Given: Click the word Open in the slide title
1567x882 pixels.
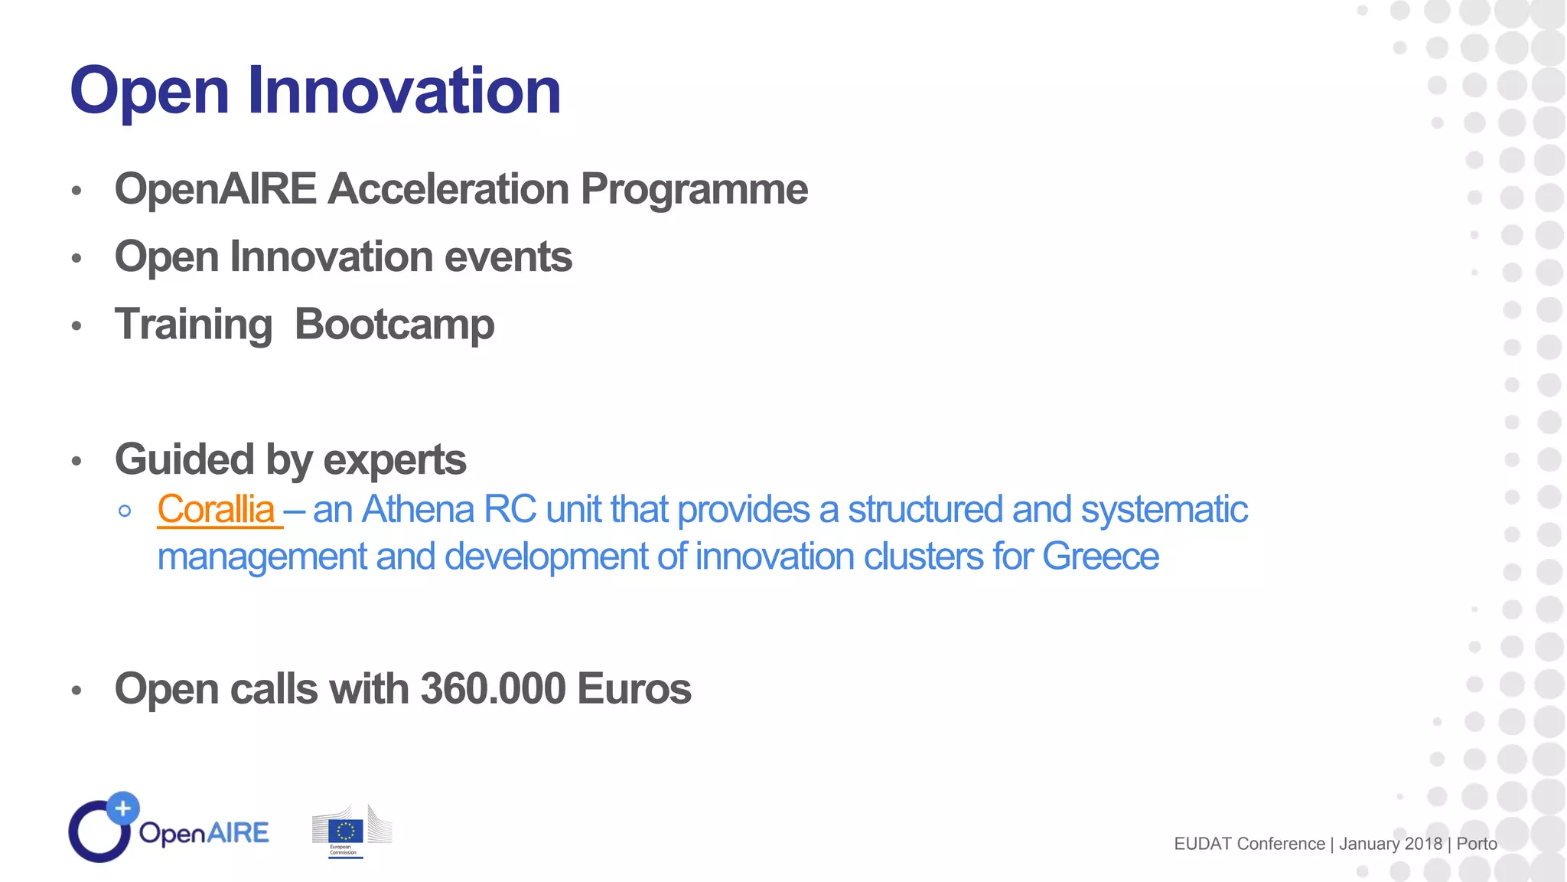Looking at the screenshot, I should point(150,92).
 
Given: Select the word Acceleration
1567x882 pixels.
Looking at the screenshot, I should point(448,189).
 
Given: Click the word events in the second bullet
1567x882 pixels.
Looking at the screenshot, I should point(508,256).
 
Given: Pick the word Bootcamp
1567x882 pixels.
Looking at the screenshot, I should point(394,325).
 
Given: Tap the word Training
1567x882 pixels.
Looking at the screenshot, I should point(194,325).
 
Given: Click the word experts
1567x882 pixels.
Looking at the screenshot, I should point(395,461).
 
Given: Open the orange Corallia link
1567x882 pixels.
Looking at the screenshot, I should point(216,510).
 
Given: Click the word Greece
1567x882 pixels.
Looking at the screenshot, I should point(1100,557).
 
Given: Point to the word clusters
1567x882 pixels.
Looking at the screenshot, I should point(923,557).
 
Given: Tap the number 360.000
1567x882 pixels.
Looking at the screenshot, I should point(494,688).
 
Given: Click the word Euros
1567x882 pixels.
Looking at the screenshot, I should point(634,688).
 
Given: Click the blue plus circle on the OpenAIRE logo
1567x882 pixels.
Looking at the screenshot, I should point(122,808).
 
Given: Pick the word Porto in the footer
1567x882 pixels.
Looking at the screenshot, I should point(1477,844).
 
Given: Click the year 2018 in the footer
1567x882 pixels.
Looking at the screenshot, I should point(1423,844).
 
